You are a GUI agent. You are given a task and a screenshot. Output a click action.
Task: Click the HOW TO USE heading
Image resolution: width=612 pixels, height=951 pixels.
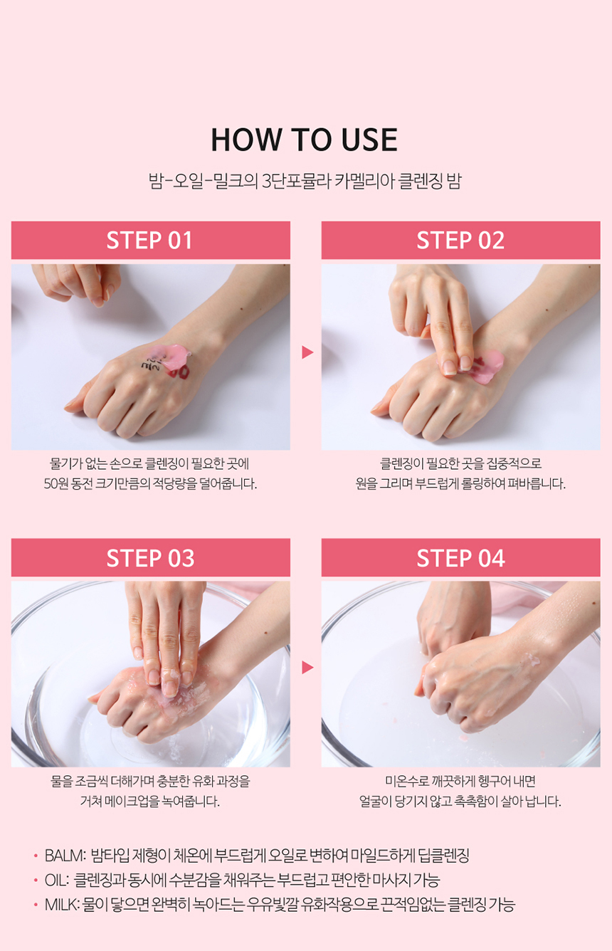point(305,140)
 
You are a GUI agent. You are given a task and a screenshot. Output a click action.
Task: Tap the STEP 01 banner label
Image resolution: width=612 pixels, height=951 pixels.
point(149,241)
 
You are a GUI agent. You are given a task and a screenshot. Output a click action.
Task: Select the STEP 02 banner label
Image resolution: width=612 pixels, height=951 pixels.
point(460,241)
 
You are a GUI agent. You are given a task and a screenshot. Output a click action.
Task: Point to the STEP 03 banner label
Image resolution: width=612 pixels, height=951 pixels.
point(150,558)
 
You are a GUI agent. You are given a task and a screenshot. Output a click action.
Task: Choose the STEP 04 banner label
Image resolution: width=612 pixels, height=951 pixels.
point(460,558)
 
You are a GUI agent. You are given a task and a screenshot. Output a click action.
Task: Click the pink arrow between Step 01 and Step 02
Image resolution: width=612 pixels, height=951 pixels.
point(307,352)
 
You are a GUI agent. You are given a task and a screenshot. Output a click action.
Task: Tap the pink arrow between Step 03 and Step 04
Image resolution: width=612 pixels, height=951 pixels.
point(307,668)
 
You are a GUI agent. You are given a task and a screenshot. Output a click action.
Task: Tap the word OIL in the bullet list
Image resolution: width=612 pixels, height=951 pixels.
point(56,880)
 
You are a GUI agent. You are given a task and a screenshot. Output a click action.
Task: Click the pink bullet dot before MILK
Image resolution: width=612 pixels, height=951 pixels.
point(36,905)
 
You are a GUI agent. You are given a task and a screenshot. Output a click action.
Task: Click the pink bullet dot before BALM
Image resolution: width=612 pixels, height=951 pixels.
point(36,856)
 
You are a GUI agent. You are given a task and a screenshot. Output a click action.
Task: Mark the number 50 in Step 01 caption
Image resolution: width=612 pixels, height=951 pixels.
point(51,484)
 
